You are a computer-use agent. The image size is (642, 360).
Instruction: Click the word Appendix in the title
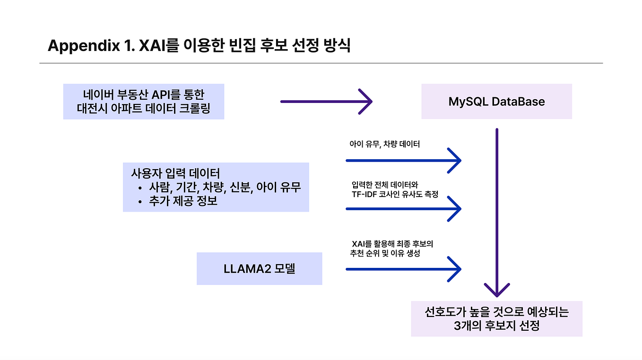pyautogui.click(x=84, y=46)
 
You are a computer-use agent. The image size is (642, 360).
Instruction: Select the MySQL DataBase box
pyautogui.click(x=496, y=101)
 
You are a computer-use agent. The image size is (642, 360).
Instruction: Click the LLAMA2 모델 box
pyautogui.click(x=259, y=269)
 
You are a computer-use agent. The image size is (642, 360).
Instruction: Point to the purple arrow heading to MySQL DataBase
pyautogui.click(x=326, y=101)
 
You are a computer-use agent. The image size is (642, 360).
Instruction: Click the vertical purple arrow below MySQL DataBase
pyautogui.click(x=497, y=213)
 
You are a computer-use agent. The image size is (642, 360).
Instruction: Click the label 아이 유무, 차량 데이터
pyautogui.click(x=384, y=144)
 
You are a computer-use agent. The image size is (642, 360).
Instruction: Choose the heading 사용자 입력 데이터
pyautogui.click(x=175, y=173)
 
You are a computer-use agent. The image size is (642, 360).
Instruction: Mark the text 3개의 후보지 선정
pyautogui.click(x=496, y=326)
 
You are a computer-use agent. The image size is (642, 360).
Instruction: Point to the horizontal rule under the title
pyautogui.click(x=321, y=63)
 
